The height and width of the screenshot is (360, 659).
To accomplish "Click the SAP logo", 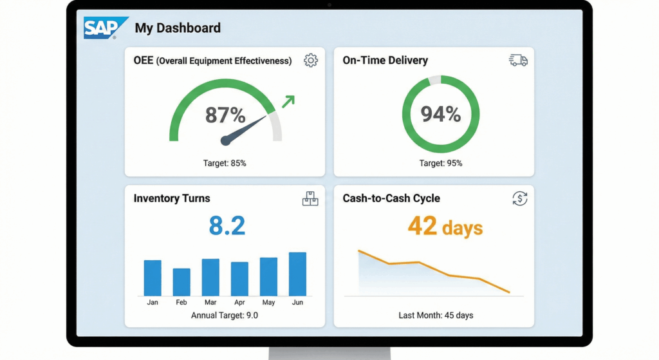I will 106,28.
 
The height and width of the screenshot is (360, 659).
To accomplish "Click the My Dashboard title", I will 178,28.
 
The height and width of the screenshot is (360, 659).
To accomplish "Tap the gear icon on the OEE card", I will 311,61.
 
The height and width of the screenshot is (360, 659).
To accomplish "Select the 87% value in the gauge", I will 225,115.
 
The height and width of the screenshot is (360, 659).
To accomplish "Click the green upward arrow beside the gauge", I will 288,101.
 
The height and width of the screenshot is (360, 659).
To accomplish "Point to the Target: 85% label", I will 225,163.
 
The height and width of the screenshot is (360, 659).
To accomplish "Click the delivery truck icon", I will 518,60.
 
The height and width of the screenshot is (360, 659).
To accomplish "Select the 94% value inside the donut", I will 441,114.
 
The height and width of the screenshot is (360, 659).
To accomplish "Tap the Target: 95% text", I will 441,163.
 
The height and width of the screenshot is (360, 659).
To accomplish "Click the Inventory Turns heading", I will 172,198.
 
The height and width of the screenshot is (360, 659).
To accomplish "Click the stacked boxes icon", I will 310,199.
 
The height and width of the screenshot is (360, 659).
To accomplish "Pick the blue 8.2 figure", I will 227,226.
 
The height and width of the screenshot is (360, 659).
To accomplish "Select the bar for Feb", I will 181,282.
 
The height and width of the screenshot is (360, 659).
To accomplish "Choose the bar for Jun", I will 297,274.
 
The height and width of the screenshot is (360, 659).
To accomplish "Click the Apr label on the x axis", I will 239,303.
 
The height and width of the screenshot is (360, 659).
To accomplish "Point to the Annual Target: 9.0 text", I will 225,316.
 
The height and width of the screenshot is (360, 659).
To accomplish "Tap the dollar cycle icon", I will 519,198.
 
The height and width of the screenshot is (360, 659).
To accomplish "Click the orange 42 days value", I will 445,227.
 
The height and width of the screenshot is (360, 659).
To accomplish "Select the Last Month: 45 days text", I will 436,316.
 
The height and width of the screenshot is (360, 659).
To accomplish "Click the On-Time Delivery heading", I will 385,61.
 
